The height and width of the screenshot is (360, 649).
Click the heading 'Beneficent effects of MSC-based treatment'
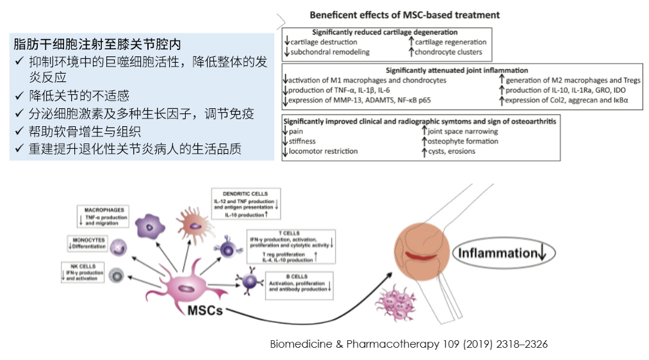(x=404, y=15)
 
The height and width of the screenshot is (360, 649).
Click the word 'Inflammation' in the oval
(x=496, y=253)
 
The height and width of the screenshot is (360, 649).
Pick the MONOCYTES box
(x=88, y=243)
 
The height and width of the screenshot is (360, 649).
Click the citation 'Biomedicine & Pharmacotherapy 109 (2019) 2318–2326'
(x=409, y=344)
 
